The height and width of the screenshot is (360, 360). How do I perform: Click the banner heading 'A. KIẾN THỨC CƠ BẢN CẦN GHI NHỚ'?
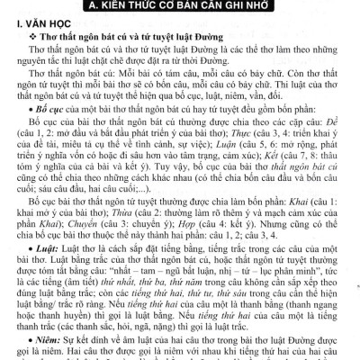(180, 7)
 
